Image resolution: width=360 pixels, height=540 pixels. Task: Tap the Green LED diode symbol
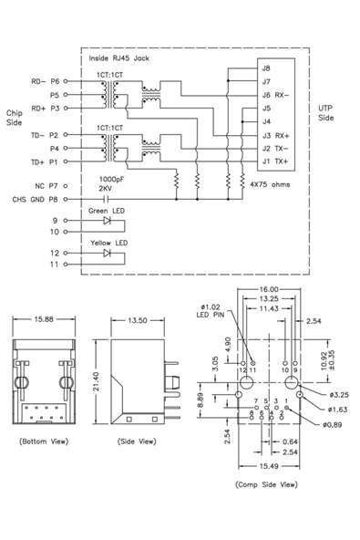[108, 220]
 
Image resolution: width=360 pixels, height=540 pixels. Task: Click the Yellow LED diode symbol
[108, 252]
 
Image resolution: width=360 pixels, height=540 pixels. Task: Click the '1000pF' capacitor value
[110, 179]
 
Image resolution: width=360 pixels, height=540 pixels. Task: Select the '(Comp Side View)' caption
[265, 484]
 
